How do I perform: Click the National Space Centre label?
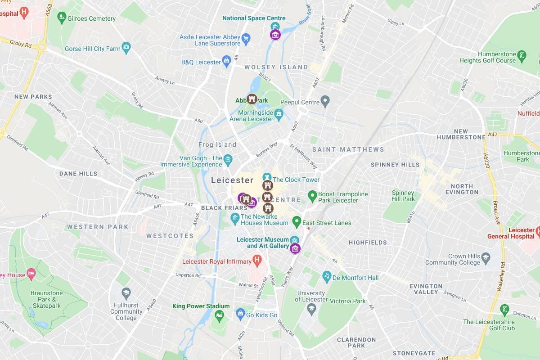coord(254,18)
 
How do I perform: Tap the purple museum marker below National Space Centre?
coord(275,35)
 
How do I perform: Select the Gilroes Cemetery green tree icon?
coord(62,18)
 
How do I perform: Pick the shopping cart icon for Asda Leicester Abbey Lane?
coord(246,38)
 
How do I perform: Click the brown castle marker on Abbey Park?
coord(252,99)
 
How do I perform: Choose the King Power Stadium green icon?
coord(219,315)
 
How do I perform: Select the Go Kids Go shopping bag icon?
coord(240,313)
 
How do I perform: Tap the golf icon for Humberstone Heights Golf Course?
coord(522,56)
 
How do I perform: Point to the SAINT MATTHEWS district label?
coord(348,149)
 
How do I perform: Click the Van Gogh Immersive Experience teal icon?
coord(228,159)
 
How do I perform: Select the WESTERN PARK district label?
coord(98,227)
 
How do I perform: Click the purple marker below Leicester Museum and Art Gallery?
coord(295,248)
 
